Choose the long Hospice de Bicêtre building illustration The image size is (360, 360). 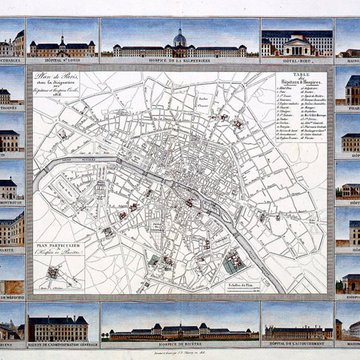pos(180,327)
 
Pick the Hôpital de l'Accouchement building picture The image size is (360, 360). pos(297,328)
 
